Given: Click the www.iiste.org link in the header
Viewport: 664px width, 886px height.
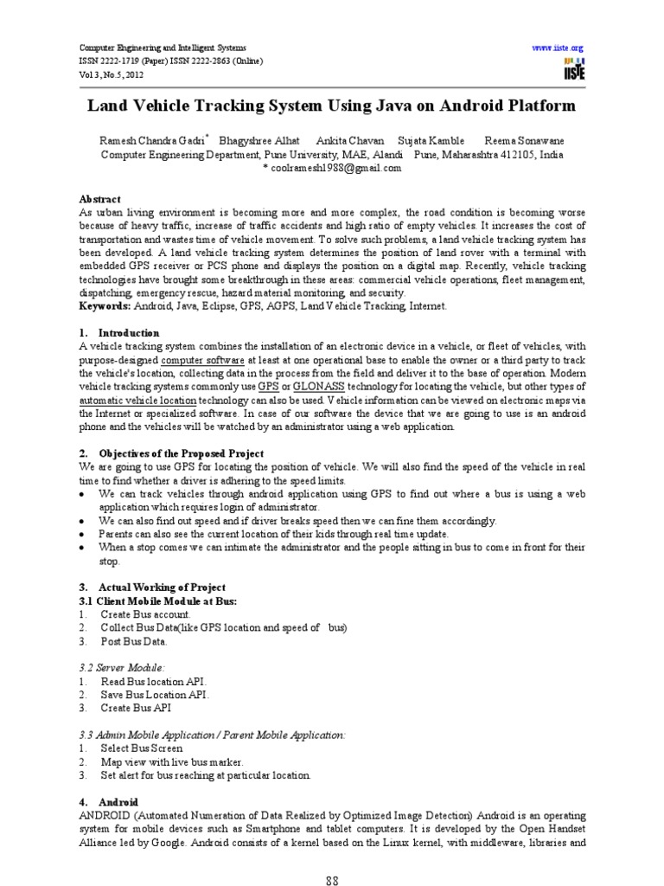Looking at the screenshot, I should tap(559, 48).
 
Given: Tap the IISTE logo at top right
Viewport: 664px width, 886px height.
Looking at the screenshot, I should tap(573, 69).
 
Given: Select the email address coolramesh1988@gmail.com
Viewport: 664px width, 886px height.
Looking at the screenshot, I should tap(332, 169).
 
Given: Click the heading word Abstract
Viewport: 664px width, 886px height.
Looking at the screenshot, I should tap(100, 199).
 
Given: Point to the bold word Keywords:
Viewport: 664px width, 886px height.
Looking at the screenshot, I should tap(104, 306).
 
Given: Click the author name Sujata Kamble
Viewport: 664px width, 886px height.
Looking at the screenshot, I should tap(431, 140).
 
